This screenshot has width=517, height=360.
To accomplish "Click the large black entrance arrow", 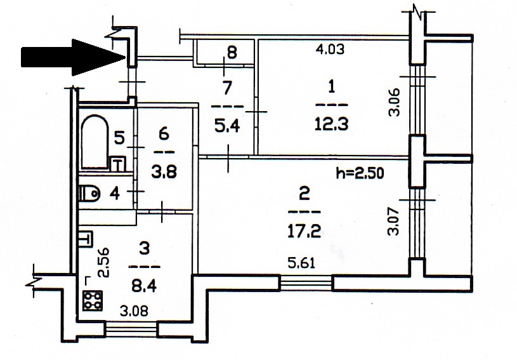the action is [73, 57].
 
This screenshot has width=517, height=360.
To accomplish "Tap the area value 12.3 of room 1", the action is [331, 124].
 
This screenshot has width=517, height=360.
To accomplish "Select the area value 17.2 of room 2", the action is [304, 231].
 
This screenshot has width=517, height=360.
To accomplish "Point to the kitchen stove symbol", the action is [93, 300].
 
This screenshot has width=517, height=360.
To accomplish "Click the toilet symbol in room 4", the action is [89, 193].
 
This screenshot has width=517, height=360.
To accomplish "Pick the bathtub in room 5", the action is [95, 141].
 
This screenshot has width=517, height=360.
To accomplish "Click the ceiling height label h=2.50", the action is [360, 173].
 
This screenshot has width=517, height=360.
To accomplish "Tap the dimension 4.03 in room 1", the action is [330, 49].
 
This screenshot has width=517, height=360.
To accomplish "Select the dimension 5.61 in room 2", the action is [301, 263].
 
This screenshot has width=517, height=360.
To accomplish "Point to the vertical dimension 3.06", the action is [395, 102].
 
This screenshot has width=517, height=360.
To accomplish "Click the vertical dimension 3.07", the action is [394, 221].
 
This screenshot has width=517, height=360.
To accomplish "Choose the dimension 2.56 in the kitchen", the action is [103, 263].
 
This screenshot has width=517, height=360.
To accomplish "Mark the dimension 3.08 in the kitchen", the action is [134, 311].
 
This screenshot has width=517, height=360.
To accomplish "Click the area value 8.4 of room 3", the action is [144, 286].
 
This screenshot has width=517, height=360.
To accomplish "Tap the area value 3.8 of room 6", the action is [164, 172].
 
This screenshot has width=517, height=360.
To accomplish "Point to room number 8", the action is [232, 53].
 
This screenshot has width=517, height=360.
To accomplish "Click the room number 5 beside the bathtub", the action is [119, 137].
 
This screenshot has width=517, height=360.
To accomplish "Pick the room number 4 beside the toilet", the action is [115, 194].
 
